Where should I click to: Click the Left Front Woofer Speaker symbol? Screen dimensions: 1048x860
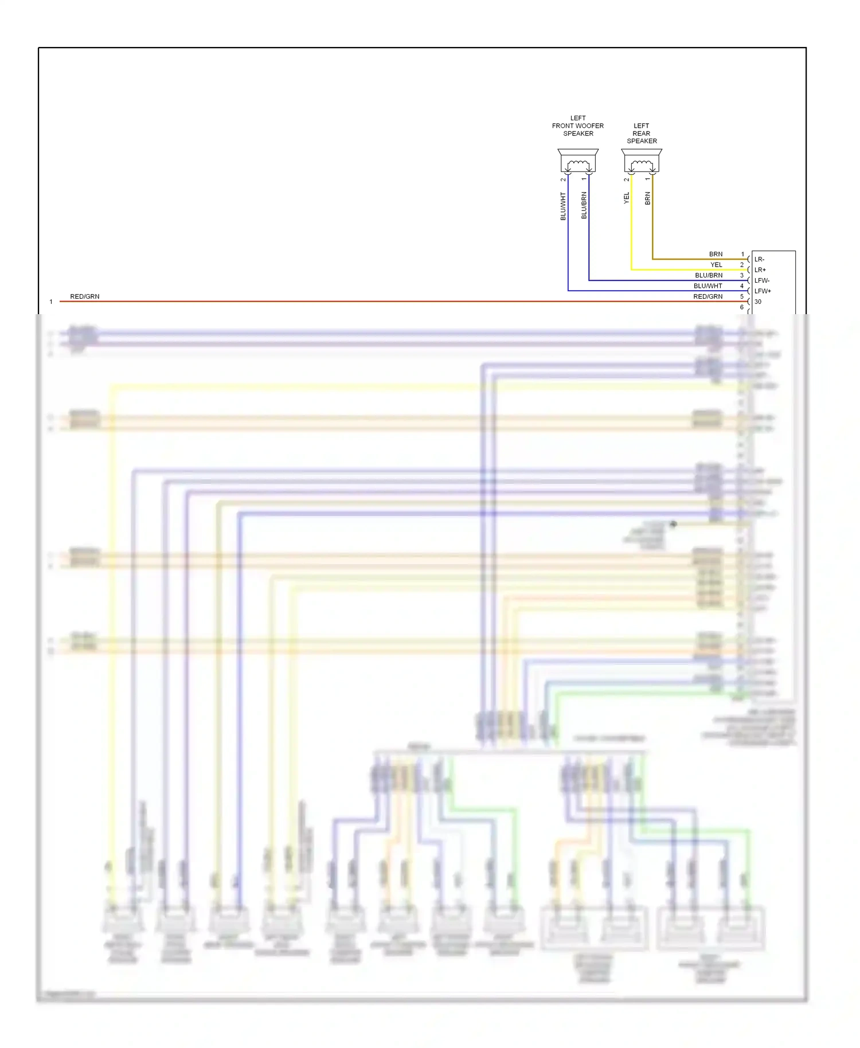(x=578, y=161)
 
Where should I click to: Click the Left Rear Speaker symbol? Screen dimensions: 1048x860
(x=642, y=161)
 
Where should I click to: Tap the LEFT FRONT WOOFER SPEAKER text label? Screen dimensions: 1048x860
(x=578, y=126)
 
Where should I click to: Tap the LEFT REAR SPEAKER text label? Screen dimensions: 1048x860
(x=642, y=133)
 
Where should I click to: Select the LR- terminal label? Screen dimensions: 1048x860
(x=759, y=259)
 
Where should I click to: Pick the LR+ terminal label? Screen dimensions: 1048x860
(x=760, y=270)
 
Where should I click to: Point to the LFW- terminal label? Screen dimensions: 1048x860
(x=761, y=280)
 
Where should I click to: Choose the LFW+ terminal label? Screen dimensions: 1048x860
(x=762, y=291)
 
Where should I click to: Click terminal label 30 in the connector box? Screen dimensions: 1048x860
(x=758, y=302)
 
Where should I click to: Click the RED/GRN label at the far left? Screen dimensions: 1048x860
(x=85, y=296)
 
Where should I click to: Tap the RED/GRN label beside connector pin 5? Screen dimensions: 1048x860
(x=707, y=296)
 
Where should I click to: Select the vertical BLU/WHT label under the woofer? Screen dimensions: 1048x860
(x=563, y=206)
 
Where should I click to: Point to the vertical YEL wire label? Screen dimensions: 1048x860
(x=627, y=198)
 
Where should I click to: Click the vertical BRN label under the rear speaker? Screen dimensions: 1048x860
(x=648, y=198)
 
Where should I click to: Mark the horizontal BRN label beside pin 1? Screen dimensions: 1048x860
(x=716, y=254)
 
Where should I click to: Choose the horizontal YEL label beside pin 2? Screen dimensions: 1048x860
(x=716, y=265)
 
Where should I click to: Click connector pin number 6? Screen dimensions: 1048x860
(x=742, y=307)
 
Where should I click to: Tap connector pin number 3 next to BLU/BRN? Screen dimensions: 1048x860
(x=742, y=275)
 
